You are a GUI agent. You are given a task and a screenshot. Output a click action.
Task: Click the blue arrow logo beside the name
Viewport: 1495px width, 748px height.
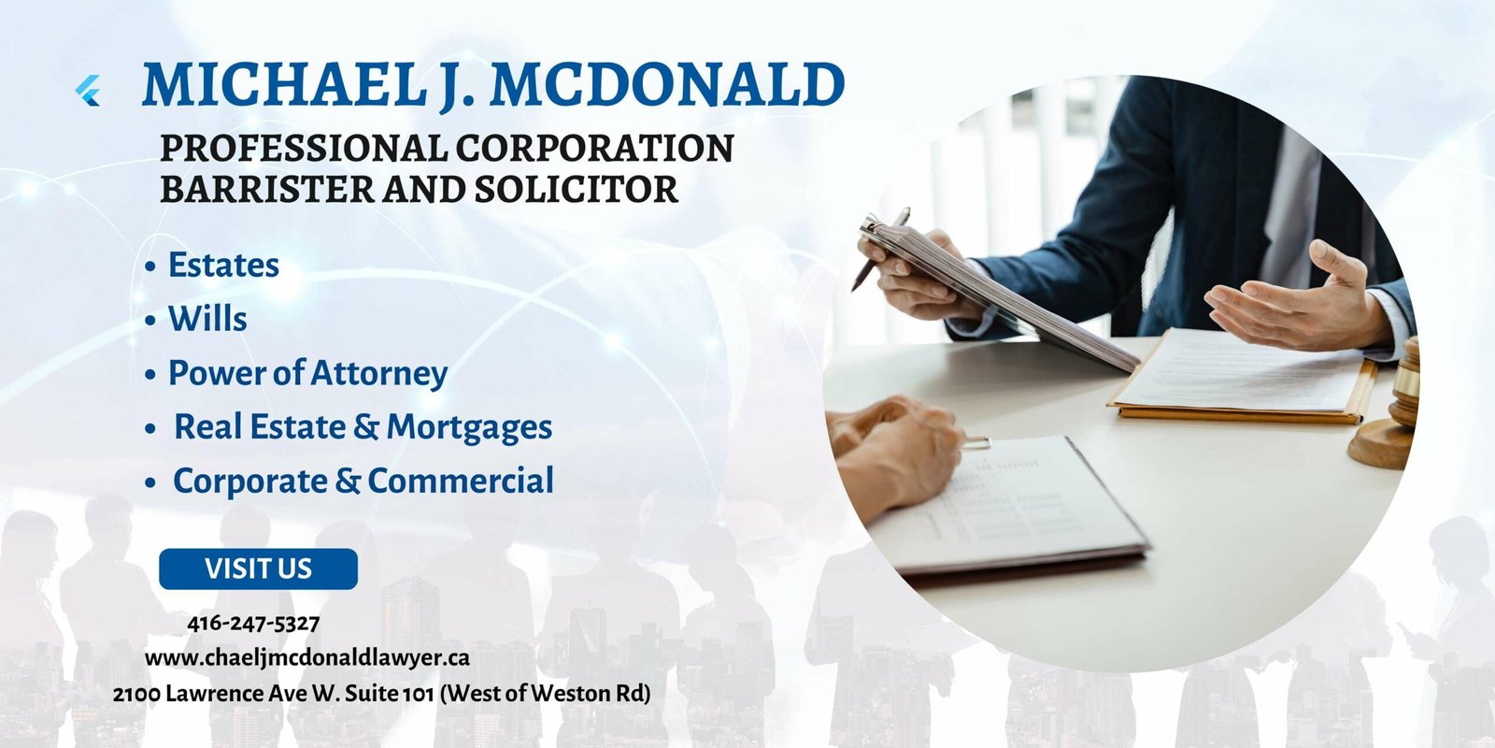(x=88, y=90)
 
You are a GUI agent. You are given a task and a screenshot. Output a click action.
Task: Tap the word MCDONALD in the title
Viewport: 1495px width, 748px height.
(x=667, y=84)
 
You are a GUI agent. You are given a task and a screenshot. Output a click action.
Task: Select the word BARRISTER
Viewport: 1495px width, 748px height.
(x=267, y=189)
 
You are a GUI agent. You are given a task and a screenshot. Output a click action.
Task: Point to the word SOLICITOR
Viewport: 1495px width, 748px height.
(x=577, y=189)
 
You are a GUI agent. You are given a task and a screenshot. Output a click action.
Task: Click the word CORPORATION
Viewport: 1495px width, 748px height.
(x=594, y=148)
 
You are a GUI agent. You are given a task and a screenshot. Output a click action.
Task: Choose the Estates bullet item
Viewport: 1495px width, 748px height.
(x=223, y=265)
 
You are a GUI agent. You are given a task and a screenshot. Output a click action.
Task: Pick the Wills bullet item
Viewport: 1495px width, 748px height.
(x=207, y=319)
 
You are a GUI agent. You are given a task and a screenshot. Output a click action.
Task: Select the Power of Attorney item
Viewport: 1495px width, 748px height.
(x=307, y=373)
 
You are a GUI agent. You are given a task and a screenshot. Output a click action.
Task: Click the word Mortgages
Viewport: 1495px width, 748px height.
(x=469, y=427)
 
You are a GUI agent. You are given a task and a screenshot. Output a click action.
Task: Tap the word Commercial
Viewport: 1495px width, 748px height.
(x=461, y=481)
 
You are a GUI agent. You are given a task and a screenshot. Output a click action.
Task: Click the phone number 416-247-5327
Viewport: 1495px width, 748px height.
(x=253, y=623)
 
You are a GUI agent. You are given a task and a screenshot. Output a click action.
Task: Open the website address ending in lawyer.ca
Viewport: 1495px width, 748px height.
(x=307, y=658)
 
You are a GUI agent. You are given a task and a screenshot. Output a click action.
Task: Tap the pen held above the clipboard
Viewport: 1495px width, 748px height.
(x=880, y=249)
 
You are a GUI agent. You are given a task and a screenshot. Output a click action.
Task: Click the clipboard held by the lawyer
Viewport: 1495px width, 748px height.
(x=998, y=294)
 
